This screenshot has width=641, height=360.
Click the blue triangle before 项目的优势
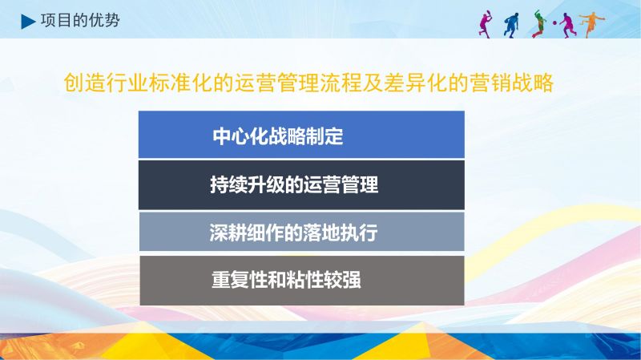point(27,22)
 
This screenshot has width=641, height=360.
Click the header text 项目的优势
point(80,21)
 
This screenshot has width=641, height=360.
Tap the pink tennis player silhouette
point(486,25)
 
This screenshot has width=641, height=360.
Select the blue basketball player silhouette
point(511,26)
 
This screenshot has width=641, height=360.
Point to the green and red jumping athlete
point(538,24)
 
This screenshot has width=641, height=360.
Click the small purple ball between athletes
point(554,23)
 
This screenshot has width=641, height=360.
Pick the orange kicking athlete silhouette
point(591,24)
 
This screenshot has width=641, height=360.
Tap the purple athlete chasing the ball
point(567,25)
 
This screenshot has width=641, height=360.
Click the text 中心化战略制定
point(278,136)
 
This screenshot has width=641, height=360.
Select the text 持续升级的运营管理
point(294,185)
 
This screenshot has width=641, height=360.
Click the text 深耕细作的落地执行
point(293,233)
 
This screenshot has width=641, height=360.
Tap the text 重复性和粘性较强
point(286,281)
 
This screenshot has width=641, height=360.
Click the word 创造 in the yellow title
point(85,83)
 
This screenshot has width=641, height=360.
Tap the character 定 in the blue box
point(334,136)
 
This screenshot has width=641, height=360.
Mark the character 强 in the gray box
point(353,281)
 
